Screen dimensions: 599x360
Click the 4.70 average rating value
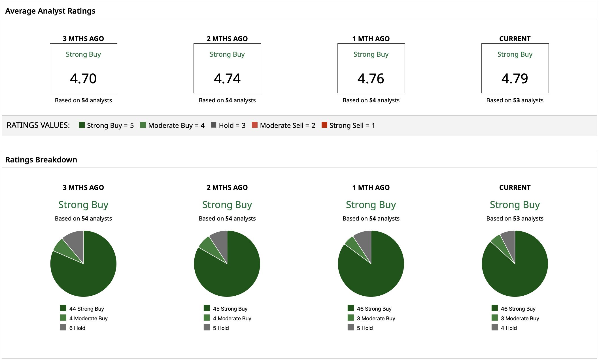click(x=83, y=79)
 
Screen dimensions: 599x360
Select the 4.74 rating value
click(x=227, y=79)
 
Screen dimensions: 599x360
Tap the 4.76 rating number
click(x=371, y=79)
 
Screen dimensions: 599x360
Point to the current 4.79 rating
click(x=515, y=79)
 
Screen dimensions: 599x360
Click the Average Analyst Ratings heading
click(x=50, y=11)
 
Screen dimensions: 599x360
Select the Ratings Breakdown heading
click(x=41, y=160)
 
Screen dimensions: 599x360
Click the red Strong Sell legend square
click(x=324, y=125)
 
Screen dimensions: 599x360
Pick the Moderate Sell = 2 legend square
click(x=255, y=125)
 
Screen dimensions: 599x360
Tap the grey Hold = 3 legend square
click(x=214, y=125)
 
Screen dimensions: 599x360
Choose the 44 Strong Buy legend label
click(x=87, y=309)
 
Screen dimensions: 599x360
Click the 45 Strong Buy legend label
click(x=230, y=309)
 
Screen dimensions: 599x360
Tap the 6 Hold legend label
click(x=77, y=328)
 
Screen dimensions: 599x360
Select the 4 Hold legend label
click(x=509, y=328)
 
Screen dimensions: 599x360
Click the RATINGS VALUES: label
click(x=38, y=125)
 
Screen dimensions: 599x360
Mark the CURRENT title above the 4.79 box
click(x=515, y=39)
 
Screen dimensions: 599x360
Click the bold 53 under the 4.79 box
click(x=517, y=100)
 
